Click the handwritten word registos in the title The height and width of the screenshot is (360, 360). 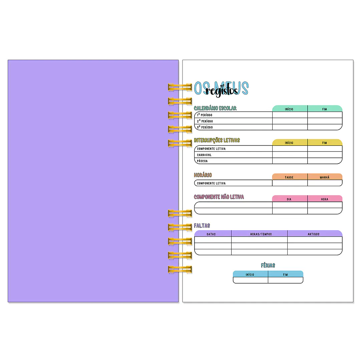(222, 91)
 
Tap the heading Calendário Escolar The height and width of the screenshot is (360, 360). (215, 108)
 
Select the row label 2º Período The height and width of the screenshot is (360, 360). (205, 121)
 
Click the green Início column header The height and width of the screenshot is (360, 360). (289, 109)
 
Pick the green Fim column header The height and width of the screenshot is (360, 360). (324, 109)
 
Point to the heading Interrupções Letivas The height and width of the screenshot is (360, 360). (217, 140)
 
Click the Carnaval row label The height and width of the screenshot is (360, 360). (204, 155)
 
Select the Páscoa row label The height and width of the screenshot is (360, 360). (202, 161)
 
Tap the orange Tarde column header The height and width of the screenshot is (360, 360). (289, 177)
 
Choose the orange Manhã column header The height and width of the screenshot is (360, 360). (324, 177)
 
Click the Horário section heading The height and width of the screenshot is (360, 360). (203, 175)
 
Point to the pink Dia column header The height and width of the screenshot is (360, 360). (289, 199)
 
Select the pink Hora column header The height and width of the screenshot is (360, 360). (324, 199)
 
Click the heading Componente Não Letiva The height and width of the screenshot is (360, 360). (219, 197)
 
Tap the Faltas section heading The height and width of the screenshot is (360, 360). (202, 226)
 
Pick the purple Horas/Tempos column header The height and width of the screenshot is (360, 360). (261, 234)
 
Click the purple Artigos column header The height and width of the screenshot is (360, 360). (313, 234)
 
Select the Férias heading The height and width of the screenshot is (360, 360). (268, 265)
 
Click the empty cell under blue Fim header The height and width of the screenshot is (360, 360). (286, 280)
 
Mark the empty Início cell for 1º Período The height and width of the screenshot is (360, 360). (290, 115)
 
